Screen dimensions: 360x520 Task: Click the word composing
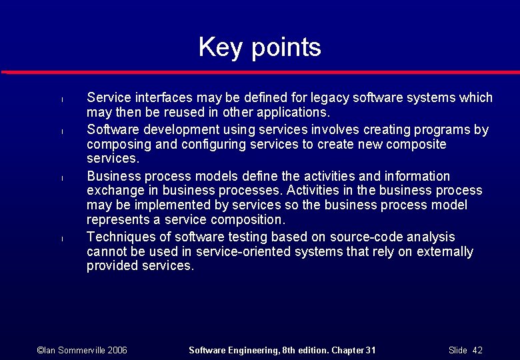coord(116,144)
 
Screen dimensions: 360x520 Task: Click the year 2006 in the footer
coord(117,350)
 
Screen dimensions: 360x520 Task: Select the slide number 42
coord(477,350)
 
